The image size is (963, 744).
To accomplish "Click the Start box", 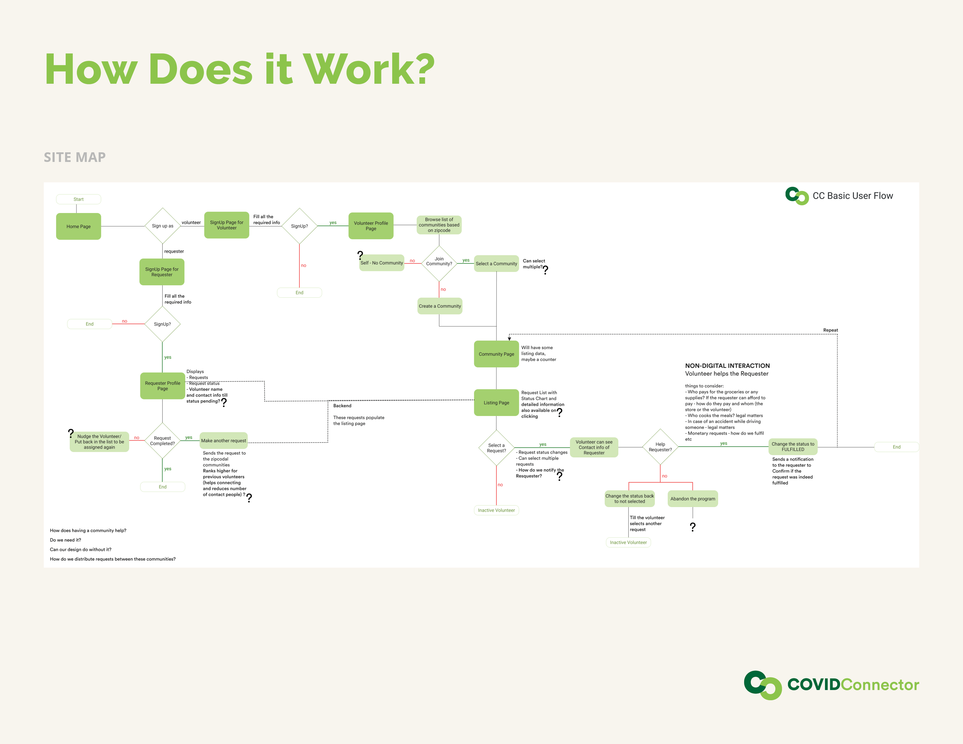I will pyautogui.click(x=78, y=199).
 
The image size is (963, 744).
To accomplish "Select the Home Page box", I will pyautogui.click(x=78, y=226).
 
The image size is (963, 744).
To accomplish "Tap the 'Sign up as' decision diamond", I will pyautogui.click(x=163, y=226).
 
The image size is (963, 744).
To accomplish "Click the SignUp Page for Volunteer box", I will pyautogui.click(x=227, y=225).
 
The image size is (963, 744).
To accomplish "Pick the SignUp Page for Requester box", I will pyautogui.click(x=162, y=272).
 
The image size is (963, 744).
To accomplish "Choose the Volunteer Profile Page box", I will pyautogui.click(x=371, y=226).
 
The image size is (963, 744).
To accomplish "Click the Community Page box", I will pyautogui.click(x=496, y=354).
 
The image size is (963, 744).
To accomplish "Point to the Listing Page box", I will pyautogui.click(x=496, y=402).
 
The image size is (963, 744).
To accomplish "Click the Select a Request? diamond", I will pyautogui.click(x=496, y=448).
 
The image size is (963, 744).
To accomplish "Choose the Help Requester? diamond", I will pyautogui.click(x=660, y=447).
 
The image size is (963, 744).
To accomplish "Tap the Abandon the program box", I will pyautogui.click(x=693, y=499).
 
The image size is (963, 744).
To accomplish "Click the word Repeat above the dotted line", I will pyautogui.click(x=830, y=330).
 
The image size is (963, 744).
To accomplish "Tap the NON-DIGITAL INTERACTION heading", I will pyautogui.click(x=727, y=366).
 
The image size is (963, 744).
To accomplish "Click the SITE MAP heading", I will pyautogui.click(x=74, y=157).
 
